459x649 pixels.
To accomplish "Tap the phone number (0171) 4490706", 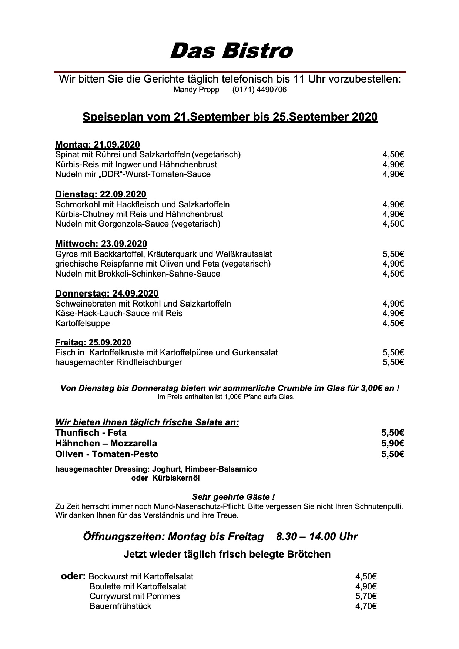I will pos(259,90).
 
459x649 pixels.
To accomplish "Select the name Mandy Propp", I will pos(196,90).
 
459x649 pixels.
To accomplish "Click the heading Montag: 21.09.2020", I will pos(97,144).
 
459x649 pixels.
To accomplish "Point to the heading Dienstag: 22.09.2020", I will pos(100,194).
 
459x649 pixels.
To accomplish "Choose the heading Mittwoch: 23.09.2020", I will pos(101,244).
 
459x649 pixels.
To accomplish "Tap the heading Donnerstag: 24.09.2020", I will pos(107,293).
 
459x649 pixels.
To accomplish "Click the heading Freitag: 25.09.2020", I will pos(93,342).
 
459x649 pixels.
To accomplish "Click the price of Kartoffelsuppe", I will pos(393,323).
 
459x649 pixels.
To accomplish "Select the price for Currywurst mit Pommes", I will pos(366,596).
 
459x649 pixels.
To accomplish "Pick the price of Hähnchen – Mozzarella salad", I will pos(392,443).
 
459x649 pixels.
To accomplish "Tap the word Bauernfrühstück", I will pos(120,606).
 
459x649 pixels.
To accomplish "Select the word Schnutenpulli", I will pos(379,506).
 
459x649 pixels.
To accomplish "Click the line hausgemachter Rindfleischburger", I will pos(118,362).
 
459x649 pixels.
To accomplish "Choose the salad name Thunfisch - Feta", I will pos(91,432).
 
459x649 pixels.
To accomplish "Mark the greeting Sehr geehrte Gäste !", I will pos(233,497).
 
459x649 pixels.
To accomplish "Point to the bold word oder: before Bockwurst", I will pos(73,576).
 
